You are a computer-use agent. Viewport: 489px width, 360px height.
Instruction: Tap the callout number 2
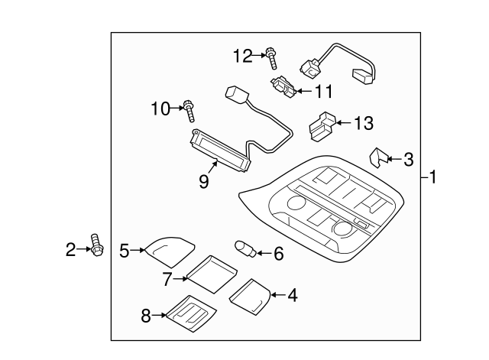(70, 249)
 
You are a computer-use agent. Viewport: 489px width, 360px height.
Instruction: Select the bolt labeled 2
(96, 245)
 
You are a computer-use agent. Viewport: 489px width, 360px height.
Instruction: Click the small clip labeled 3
(377, 157)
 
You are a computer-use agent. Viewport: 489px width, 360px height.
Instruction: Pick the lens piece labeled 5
(168, 248)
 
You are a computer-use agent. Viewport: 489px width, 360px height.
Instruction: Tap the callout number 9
(204, 183)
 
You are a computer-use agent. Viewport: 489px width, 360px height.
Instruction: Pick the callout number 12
(242, 55)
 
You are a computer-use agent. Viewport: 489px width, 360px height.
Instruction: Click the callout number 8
(145, 314)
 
